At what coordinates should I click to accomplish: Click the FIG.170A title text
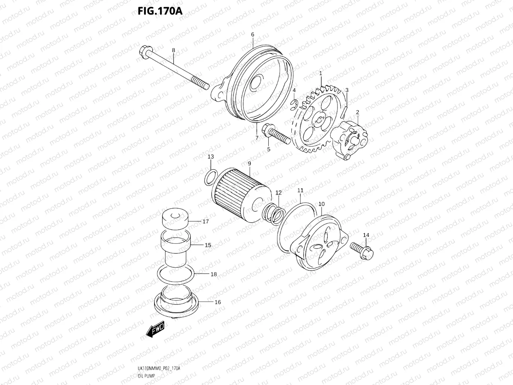[x=160, y=11]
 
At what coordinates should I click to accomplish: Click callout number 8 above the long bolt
[x=173, y=50]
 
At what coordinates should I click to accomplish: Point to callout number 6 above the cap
[x=253, y=35]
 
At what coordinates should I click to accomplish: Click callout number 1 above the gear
[x=321, y=74]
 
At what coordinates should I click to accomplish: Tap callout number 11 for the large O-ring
[x=300, y=191]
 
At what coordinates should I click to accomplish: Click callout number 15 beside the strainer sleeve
[x=208, y=245]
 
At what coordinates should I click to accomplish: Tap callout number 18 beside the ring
[x=213, y=274]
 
